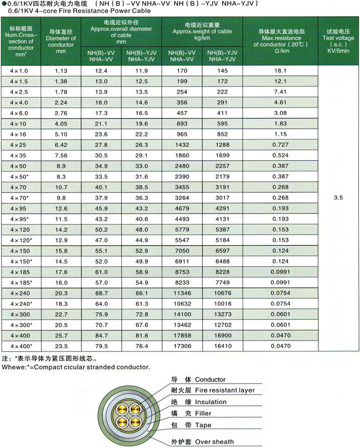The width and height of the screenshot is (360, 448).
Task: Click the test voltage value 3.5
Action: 339,197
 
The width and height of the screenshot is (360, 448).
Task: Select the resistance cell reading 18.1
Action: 279,70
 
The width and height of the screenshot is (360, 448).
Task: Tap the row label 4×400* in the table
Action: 22,345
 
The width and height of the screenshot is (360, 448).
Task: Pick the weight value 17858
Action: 182,335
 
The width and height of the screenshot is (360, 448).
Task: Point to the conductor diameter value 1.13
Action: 61,70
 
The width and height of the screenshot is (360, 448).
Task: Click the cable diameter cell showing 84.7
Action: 101,335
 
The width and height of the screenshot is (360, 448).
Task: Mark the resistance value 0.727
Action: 279,144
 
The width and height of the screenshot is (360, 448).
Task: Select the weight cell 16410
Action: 222,345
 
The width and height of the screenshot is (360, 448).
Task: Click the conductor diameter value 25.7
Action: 61,335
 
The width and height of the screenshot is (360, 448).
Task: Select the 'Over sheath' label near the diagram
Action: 214,442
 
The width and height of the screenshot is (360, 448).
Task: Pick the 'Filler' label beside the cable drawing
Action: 204,414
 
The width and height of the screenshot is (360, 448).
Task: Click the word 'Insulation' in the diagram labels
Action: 211,402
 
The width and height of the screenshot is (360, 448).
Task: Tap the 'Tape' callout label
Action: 203,425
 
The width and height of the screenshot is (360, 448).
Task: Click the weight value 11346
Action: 182,293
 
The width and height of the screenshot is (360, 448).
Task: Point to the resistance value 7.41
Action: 279,91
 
